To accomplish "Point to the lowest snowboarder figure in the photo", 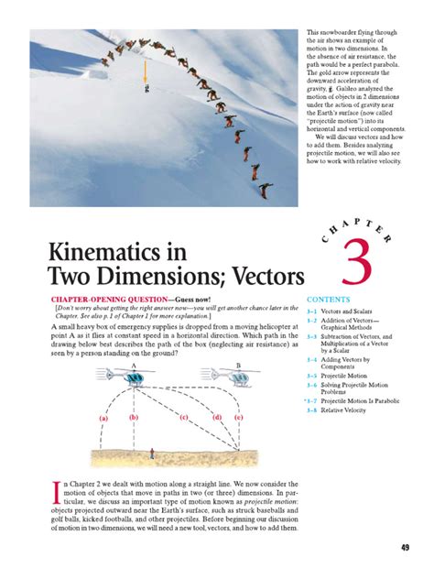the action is (x=266, y=191).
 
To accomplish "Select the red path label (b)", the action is (x=134, y=418).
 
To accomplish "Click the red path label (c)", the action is (x=184, y=418).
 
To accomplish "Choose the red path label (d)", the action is (x=217, y=418).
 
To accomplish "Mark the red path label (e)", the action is (x=239, y=418).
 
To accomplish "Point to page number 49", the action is (x=406, y=548).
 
